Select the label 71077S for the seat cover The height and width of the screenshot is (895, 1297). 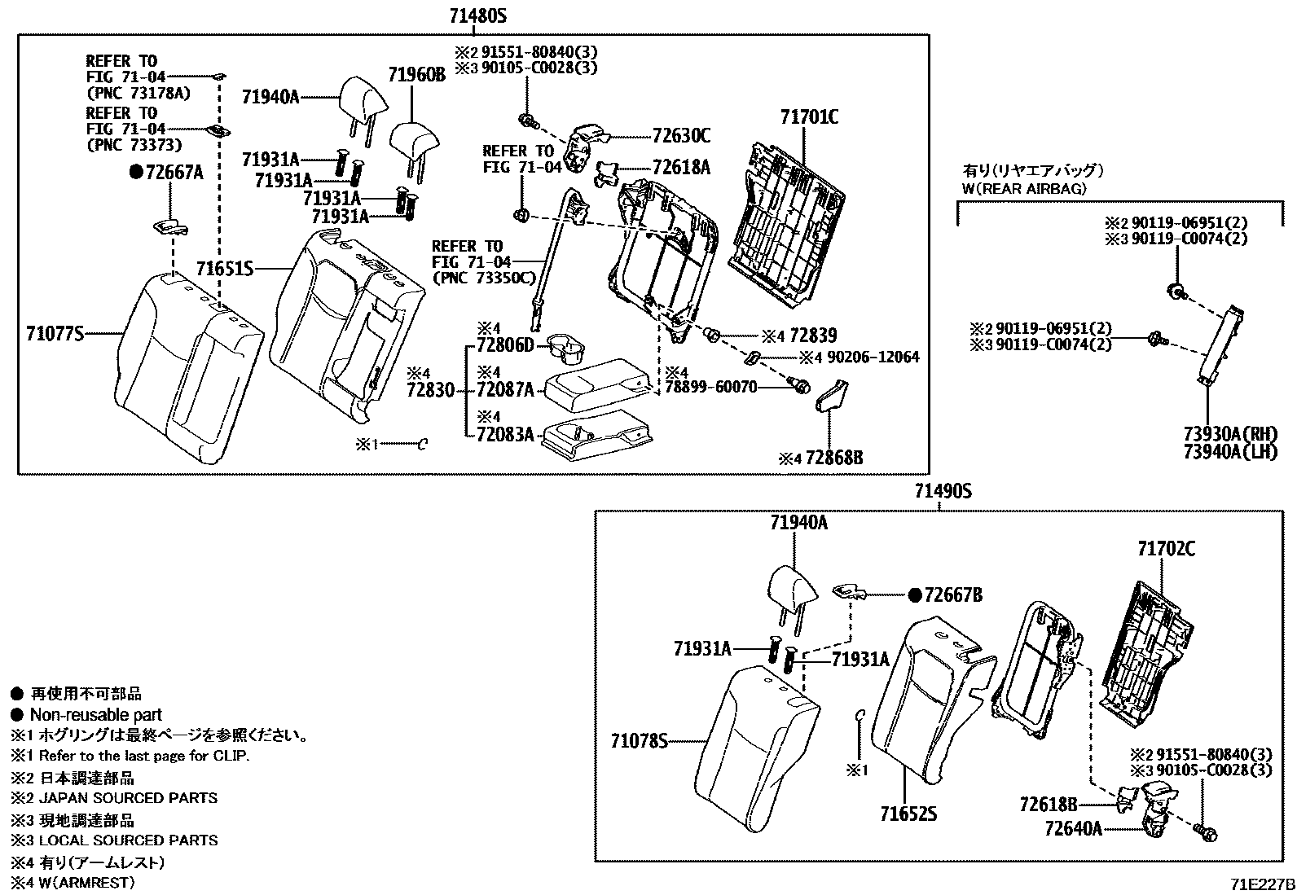tap(55, 333)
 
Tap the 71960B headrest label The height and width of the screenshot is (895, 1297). tap(416, 76)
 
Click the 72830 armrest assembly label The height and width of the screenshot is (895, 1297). tap(430, 390)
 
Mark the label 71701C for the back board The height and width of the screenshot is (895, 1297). tap(808, 117)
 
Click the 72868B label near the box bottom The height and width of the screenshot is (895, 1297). tap(833, 458)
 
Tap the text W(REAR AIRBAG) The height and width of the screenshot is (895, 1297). tap(1024, 189)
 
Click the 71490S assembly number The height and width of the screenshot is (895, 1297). tap(943, 491)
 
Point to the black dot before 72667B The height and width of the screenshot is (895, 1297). tap(914, 595)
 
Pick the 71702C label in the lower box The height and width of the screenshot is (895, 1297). tap(1166, 549)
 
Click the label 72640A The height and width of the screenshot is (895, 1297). tap(1073, 828)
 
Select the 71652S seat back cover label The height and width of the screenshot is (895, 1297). tap(908, 813)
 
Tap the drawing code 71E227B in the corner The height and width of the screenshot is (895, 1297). tap(1262, 884)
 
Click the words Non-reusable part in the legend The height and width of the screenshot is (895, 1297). tap(95, 715)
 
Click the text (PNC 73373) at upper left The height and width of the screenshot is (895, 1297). tap(134, 145)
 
